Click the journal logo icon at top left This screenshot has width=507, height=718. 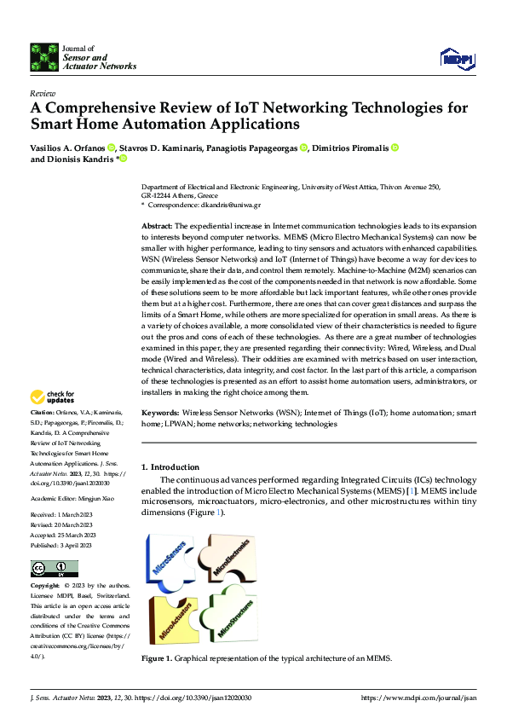pos(43,56)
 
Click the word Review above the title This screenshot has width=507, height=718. pos(43,93)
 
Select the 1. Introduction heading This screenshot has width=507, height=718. pos(170,466)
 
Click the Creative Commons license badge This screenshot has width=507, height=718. pos(54,568)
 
